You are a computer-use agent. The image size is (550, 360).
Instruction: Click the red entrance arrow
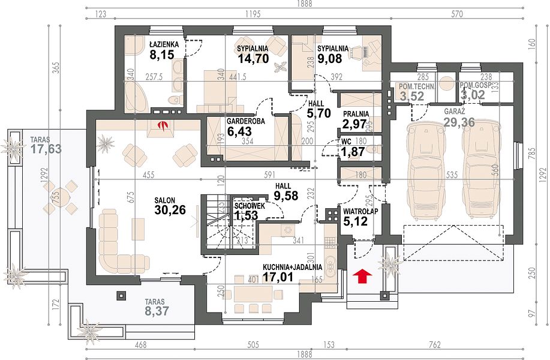[x=362, y=276]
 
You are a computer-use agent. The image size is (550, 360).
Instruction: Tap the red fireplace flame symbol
[x=162, y=125]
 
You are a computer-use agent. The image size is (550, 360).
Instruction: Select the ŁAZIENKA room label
[x=164, y=44]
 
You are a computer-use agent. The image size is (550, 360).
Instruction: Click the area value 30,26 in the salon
[x=170, y=210]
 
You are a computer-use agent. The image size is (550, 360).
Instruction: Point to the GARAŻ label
[x=454, y=112]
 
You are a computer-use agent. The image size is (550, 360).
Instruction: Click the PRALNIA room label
[x=356, y=114]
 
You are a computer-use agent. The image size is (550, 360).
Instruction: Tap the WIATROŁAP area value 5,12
[x=355, y=221]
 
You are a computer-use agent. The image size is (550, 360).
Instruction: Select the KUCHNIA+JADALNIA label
[x=292, y=267]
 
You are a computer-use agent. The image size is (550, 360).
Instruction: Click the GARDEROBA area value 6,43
[x=239, y=131]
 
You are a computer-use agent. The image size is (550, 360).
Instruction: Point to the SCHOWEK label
[x=250, y=206]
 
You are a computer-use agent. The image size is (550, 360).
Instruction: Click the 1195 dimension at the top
[x=253, y=14]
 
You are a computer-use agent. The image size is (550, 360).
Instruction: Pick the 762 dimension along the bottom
[x=434, y=345]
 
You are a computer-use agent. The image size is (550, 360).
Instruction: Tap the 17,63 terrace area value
[x=46, y=149]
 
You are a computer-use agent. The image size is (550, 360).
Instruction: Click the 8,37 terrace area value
[x=157, y=311]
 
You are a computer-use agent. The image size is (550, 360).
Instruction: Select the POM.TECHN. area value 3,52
[x=412, y=95]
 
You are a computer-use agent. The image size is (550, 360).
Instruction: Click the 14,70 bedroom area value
[x=253, y=58]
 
